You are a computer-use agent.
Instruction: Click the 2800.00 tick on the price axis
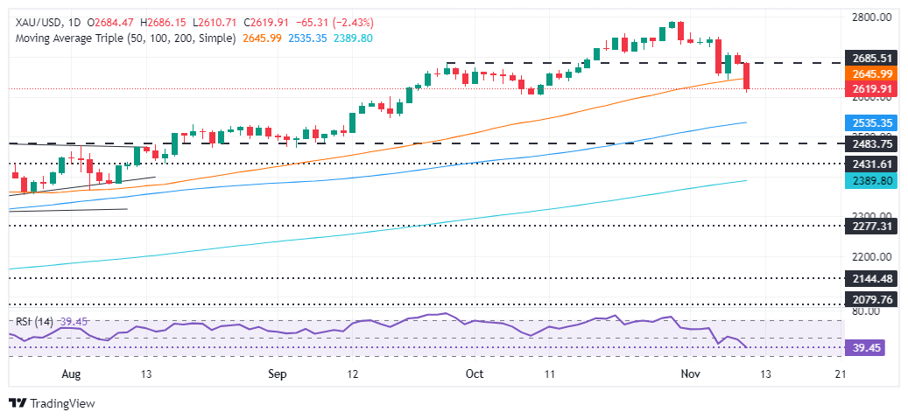coord(868,17)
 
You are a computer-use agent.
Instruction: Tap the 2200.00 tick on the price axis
coord(868,257)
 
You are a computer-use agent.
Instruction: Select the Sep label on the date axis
coord(278,374)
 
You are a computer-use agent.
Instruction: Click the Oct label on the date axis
coord(475,374)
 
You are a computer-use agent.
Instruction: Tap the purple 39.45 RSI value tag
coord(862,346)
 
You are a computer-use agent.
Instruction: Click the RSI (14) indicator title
coord(32,320)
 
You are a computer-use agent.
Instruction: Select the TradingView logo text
coord(62,403)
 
